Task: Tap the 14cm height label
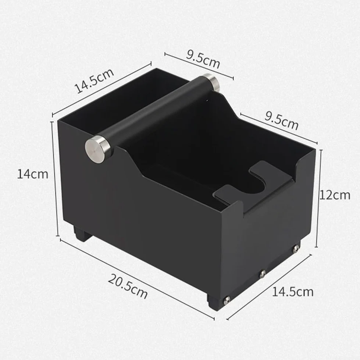33,174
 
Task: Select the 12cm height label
335,195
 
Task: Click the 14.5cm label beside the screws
293,292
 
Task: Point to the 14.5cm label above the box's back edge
95,81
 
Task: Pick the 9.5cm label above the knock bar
203,59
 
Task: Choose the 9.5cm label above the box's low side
281,120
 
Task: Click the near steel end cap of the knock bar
98,149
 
